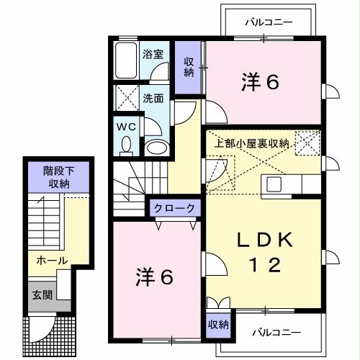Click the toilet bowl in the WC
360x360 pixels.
click(127, 145)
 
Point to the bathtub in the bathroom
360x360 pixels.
click(126, 61)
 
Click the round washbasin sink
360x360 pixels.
click(156, 148)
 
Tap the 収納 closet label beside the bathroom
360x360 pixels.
click(189, 66)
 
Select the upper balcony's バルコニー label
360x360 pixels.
click(268, 22)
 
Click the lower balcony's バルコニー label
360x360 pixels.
click(276, 332)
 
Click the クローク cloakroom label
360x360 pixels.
click(174, 207)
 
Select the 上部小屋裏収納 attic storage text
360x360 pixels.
click(253, 143)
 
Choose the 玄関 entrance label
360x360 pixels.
click(41, 294)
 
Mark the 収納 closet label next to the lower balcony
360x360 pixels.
click(218, 325)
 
